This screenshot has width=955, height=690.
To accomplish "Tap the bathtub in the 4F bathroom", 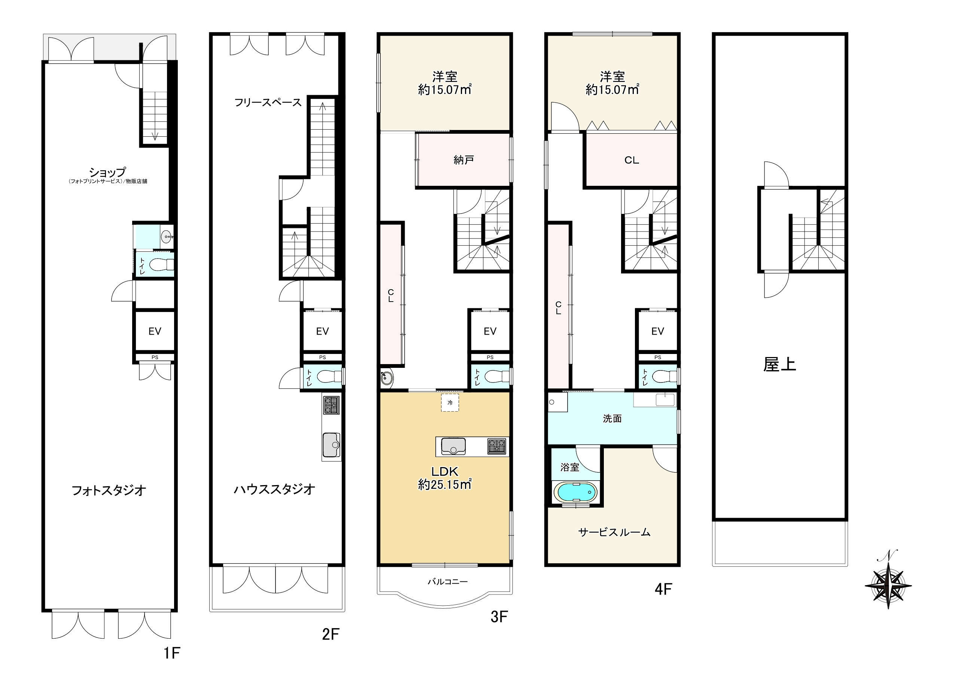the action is pos(575,491).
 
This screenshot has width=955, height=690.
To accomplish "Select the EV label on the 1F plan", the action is pos(155,331).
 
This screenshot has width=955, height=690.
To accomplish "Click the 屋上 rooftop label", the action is pos(779,364).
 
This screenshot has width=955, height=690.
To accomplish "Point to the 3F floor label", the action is pos(499,617).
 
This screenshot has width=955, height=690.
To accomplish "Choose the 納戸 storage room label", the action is pos(463,160).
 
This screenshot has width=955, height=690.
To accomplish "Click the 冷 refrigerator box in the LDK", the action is pos(450,403).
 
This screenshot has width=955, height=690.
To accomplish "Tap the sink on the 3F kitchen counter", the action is pos(453,447).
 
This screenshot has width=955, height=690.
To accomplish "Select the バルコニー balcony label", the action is pos(448,582).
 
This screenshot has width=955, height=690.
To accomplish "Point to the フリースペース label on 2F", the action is pos(268,102).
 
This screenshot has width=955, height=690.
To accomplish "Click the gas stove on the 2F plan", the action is pos(331,405).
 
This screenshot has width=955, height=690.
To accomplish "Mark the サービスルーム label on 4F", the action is pos(614,532).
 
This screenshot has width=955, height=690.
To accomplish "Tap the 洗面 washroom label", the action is pos(612,418).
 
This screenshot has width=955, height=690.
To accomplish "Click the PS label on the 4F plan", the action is pos(658,357).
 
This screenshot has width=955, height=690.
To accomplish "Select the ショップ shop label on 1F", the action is pos(107,172).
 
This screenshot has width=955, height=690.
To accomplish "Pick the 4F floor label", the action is pos(663,589).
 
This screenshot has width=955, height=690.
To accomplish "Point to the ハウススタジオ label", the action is pos(274,489).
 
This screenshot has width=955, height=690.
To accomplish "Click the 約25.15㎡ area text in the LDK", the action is pos(445,484).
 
